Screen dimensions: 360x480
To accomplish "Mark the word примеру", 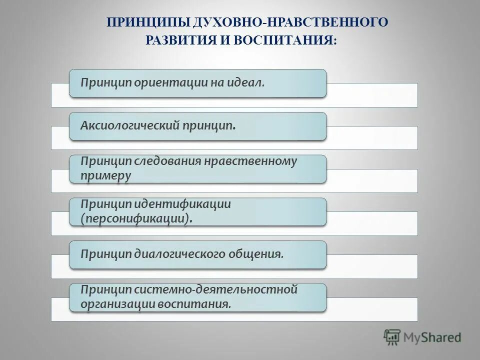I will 106,176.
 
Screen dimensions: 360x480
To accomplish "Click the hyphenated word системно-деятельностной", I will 215,289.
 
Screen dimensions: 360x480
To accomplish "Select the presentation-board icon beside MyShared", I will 392,337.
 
